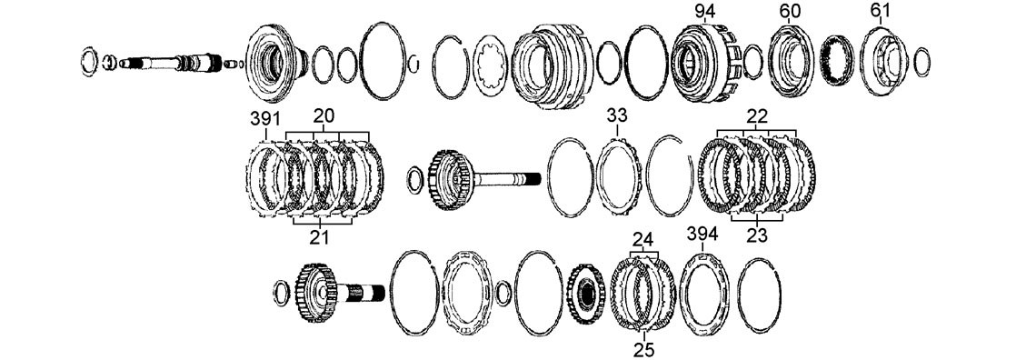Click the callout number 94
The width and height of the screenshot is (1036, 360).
point(704,11)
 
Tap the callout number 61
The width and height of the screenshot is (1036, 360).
point(880,11)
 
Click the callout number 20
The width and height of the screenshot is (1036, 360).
point(324,115)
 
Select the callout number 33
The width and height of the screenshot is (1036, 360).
point(616,116)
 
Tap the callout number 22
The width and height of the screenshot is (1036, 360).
point(757,115)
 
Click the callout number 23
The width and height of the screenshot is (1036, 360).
point(757,235)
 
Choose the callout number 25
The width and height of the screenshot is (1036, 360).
point(643,349)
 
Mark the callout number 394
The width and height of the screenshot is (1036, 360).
point(703,233)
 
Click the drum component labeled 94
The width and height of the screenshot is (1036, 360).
point(705,64)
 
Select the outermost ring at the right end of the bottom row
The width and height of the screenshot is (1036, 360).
point(739,295)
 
